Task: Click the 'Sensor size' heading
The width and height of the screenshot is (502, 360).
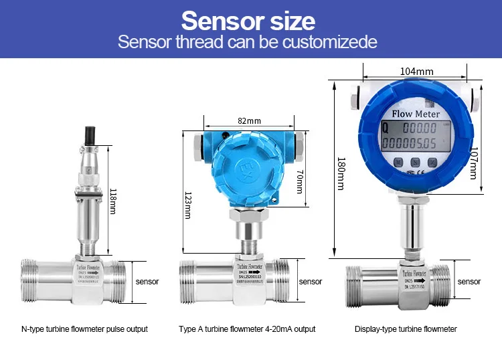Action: pyautogui.click(x=248, y=21)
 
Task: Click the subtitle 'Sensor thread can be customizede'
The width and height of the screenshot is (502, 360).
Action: pyautogui.click(x=248, y=42)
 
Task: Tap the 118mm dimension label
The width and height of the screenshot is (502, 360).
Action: pyautogui.click(x=112, y=200)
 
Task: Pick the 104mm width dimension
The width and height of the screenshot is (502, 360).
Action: pyautogui.click(x=416, y=71)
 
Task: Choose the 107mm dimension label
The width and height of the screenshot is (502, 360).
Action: pyautogui.click(x=475, y=163)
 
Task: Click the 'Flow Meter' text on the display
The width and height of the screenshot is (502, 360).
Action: pyautogui.click(x=415, y=114)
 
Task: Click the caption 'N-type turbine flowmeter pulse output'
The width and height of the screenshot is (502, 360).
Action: pyautogui.click(x=84, y=329)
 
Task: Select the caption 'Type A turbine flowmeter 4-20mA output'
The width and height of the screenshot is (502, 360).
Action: pyautogui.click(x=247, y=329)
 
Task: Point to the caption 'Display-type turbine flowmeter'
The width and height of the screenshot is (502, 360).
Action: pyautogui.click(x=406, y=329)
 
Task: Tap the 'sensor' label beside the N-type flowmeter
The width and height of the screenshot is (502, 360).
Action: pyautogui.click(x=147, y=282)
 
